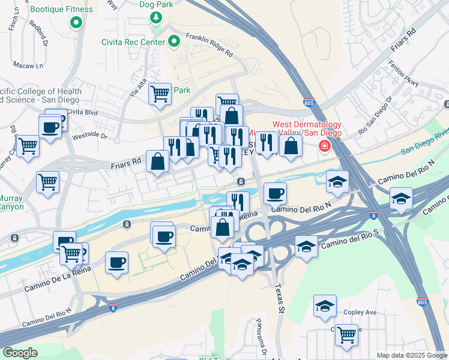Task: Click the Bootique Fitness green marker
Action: point(76,23)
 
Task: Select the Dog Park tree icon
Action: point(156,17)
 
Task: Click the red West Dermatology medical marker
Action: point(325,146)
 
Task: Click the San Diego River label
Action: point(425,140)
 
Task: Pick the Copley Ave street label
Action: point(360,313)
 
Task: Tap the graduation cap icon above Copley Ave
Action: point(325,306)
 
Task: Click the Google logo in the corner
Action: point(20,353)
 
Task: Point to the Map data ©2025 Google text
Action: point(412,355)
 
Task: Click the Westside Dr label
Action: point(89,136)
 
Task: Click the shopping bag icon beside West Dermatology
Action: point(291,146)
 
